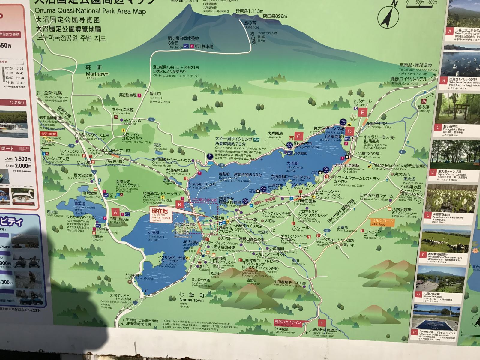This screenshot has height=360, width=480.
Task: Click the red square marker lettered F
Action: (322, 323)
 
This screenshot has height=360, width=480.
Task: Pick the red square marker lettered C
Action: (299, 136)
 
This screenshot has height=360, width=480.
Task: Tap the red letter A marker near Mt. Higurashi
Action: (115, 212)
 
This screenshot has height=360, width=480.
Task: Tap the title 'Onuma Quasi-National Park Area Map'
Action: (90, 11)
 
